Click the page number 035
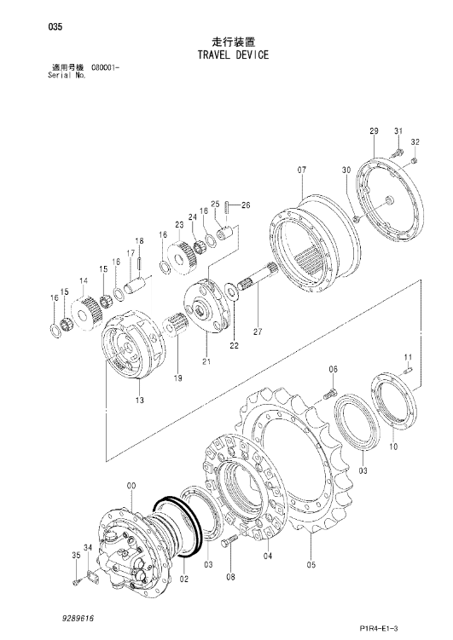[x=55, y=27]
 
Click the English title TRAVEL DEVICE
[x=233, y=55]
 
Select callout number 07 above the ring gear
[x=301, y=170]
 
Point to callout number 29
[x=374, y=131]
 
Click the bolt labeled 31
[x=396, y=153]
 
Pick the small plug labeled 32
[x=415, y=161]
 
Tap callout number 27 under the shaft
[x=258, y=332]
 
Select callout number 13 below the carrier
[x=140, y=400]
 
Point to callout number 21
[x=206, y=361]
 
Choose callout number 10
[x=393, y=447]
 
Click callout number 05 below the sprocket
[x=311, y=565]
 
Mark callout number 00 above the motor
[x=131, y=486]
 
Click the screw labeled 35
[x=76, y=582]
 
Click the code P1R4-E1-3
[x=379, y=628]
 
